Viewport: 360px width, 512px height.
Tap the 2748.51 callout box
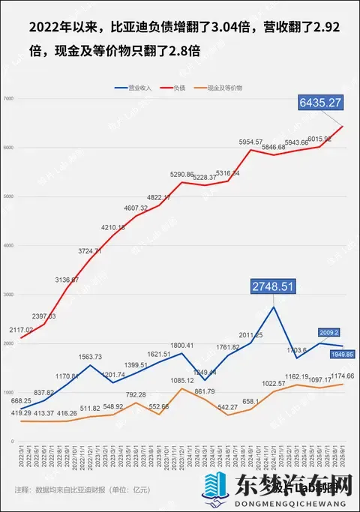point(274,286)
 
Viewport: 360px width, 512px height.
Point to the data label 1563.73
point(89,357)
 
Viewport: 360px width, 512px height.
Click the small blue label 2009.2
point(329,332)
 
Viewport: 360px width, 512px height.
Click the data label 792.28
point(136,394)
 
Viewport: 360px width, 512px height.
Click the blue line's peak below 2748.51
point(274,307)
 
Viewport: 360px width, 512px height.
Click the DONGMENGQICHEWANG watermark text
point(289,505)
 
